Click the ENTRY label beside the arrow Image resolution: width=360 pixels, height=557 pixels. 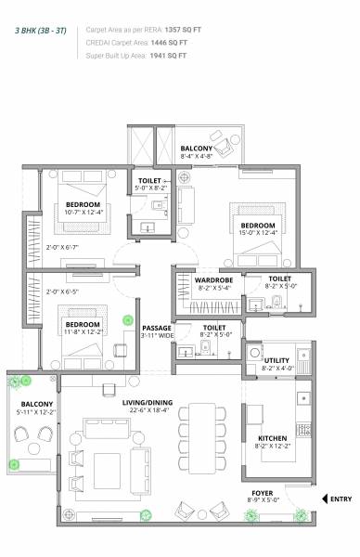341,499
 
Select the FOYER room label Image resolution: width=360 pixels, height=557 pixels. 264,493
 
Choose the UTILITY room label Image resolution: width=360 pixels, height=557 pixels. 276,358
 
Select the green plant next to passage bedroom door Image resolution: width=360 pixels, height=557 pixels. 128,321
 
